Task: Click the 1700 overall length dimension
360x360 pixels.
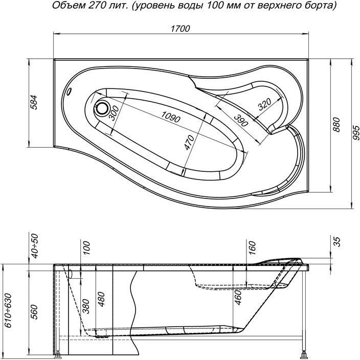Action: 180,29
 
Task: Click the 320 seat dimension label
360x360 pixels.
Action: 264,104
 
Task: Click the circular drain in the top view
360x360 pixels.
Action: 102,108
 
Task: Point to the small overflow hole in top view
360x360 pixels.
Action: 70,93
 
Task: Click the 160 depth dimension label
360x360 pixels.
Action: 251,248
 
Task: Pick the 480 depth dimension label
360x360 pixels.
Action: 102,305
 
